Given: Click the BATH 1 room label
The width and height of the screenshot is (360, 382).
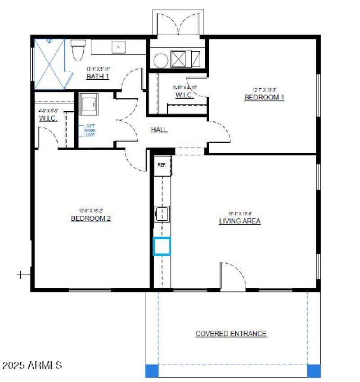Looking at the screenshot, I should point(98,76).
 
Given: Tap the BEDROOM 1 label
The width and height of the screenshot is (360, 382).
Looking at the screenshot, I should point(264,97).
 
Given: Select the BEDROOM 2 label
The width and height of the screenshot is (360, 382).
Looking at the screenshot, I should point(90,218).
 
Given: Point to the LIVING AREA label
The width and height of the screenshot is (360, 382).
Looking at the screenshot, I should point(239,221).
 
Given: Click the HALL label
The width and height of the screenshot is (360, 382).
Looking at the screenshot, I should point(159,130).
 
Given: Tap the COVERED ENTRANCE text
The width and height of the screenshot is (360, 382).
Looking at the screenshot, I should point(231,334).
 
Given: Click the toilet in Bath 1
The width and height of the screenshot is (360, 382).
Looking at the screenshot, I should point(79,50).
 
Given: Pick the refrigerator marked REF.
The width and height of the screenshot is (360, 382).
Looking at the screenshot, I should point(162,165).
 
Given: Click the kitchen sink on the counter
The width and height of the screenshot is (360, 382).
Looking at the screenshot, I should point(162,213).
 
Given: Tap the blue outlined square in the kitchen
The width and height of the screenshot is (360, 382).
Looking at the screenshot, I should point(162,246).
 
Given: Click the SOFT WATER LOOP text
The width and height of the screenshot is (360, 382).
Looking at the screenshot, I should point(90,131).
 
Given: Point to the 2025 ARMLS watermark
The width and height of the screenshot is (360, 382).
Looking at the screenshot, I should point(31,364).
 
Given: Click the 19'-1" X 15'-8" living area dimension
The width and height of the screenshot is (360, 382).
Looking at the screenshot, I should point(239,214).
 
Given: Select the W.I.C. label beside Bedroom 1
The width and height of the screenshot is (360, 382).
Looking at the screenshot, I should point(184,95).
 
